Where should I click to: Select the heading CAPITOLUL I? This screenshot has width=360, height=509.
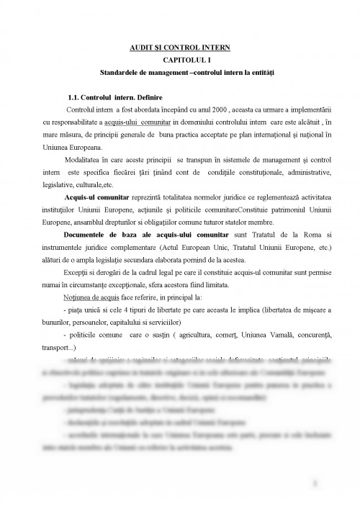(179, 60)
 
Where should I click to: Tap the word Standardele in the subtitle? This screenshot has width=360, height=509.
(120, 73)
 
